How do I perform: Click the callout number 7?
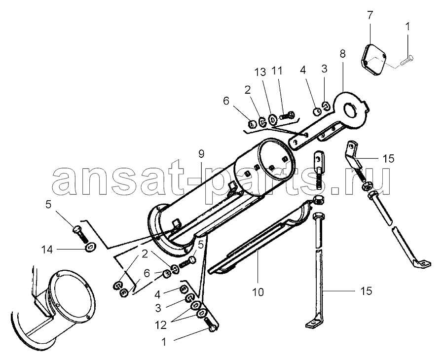pyautogui.click(x=370, y=15)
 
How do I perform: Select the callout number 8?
pyautogui.click(x=343, y=53)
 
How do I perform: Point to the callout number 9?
pyautogui.click(x=201, y=154)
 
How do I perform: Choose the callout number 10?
pyautogui.click(x=258, y=292)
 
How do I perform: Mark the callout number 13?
pyautogui.click(x=260, y=72)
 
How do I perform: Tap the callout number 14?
pyautogui.click(x=47, y=250)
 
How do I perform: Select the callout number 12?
pyautogui.click(x=161, y=325)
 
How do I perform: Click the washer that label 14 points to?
pyautogui.click(x=91, y=247)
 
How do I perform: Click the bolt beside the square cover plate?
pyautogui.click(x=406, y=62)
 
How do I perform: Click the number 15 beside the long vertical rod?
pyautogui.click(x=366, y=291)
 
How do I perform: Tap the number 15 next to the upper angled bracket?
pyautogui.click(x=389, y=159)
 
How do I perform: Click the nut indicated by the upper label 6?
pyautogui.click(x=252, y=123)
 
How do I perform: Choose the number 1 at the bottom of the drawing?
pyautogui.click(x=164, y=342)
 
